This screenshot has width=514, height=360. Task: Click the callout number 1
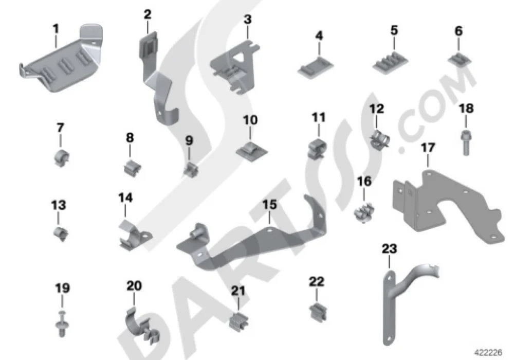(x=56, y=29)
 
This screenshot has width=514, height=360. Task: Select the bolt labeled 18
(x=466, y=143)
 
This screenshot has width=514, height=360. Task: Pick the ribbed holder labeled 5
(x=390, y=62)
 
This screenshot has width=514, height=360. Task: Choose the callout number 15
(x=269, y=204)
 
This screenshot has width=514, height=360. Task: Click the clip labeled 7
(x=61, y=158)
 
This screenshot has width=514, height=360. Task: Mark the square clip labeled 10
(x=251, y=150)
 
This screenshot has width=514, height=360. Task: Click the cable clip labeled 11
(x=318, y=148)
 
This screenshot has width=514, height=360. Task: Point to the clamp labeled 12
(x=379, y=139)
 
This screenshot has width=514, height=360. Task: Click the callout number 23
(x=389, y=249)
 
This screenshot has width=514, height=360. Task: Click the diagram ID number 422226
(x=488, y=352)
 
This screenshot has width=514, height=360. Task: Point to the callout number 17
(x=428, y=148)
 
